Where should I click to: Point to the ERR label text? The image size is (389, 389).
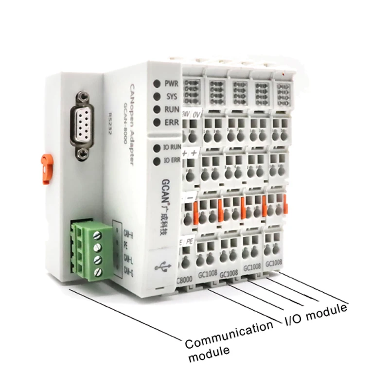(171, 123)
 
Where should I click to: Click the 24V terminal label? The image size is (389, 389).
(185, 114)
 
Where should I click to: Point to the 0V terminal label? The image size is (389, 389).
(197, 114)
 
